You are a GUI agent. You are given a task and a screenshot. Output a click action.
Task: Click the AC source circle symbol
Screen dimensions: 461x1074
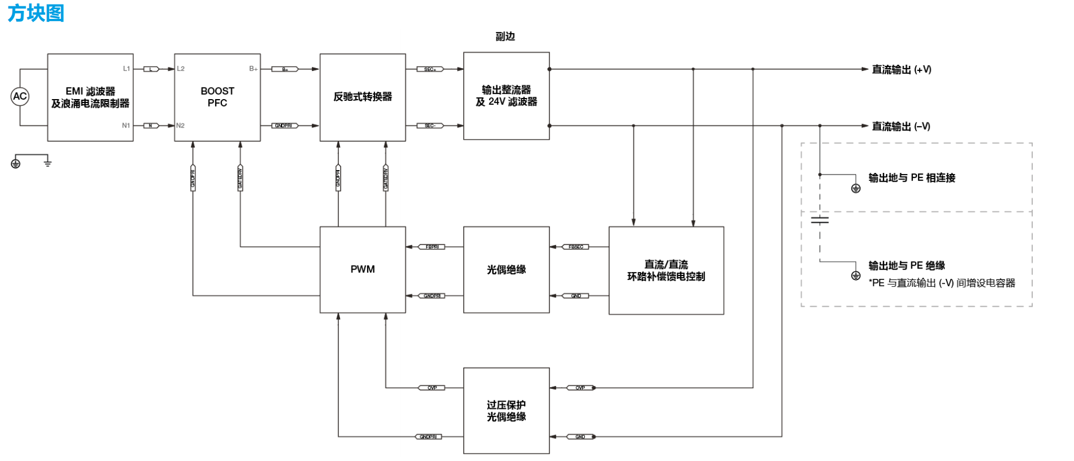coord(20,96)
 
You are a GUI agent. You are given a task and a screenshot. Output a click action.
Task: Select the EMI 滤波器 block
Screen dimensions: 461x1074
coord(90,97)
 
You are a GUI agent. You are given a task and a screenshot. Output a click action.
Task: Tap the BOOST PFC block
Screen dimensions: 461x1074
coord(217,97)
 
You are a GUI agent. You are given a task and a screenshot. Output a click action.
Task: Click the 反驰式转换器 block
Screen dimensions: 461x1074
coord(362,97)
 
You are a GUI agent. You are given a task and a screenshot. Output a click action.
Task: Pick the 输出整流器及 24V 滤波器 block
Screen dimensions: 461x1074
coord(506,96)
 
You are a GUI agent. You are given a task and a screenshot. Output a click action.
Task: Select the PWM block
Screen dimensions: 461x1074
coord(362,270)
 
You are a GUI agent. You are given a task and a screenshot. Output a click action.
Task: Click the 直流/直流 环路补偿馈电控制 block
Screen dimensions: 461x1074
coord(666,270)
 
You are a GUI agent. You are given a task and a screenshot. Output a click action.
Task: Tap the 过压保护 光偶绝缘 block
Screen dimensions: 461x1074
coord(506,411)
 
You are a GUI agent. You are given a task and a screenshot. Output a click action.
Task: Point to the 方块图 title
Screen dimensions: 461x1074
coord(36,13)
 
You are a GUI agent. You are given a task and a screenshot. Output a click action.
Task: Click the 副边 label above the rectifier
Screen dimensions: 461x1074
coord(505,37)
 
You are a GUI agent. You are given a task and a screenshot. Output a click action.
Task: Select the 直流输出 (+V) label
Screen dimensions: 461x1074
coord(901,69)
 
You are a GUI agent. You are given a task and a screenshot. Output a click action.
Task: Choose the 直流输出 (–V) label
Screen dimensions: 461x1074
coord(901,126)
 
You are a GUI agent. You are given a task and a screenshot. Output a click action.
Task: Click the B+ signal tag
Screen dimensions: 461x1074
coord(285,69)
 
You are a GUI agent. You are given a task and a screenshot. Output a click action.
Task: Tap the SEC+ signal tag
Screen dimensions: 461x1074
coord(430,69)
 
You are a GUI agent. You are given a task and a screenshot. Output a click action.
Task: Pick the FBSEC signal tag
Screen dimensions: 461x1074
coord(576,247)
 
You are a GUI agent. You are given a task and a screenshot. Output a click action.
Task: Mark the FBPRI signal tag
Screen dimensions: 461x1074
coord(432,247)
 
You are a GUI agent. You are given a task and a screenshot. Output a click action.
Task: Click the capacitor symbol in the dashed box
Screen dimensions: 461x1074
coord(820,220)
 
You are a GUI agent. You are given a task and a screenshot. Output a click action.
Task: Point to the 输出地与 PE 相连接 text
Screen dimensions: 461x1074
coord(912,178)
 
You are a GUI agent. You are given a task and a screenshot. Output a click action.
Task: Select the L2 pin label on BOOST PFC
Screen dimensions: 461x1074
coord(181,69)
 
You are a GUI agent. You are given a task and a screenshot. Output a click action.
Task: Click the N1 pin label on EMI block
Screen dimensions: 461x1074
coord(126,125)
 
